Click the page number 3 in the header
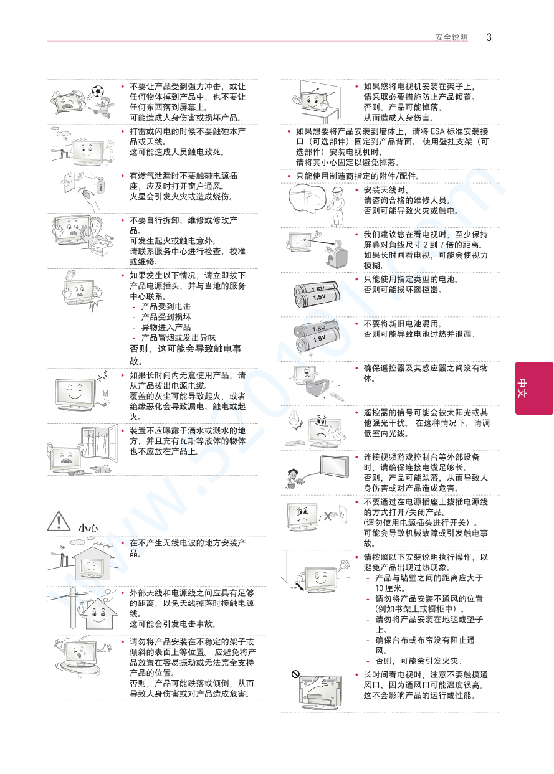(x=489, y=37)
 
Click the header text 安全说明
(x=451, y=37)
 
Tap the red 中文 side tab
(x=534, y=388)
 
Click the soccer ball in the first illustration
(x=98, y=91)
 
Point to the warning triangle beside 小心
(x=59, y=521)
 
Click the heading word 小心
(x=88, y=527)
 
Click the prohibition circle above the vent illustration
(x=295, y=674)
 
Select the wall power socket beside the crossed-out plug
(x=342, y=514)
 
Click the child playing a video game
(x=293, y=478)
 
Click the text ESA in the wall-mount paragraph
(x=437, y=131)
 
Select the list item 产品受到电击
(x=166, y=306)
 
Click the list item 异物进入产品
(x=166, y=328)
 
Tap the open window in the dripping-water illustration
(x=100, y=444)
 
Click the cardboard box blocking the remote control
(x=318, y=387)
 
